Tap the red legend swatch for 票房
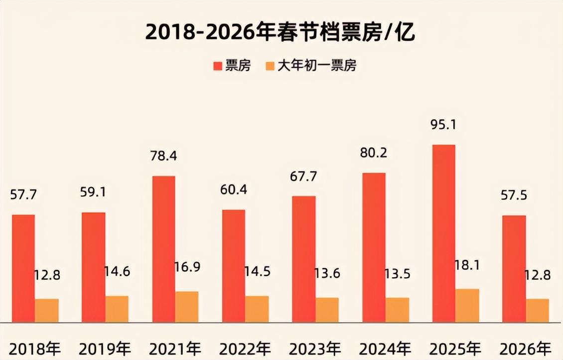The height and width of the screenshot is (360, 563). [217, 66]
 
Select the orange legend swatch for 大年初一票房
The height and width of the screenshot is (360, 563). [270, 66]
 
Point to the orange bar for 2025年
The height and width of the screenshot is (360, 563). [467, 305]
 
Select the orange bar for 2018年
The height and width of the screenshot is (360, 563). [47, 310]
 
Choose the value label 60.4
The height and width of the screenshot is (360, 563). [233, 190]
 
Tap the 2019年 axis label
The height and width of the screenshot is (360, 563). [105, 348]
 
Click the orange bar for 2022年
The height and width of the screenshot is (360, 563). [257, 309]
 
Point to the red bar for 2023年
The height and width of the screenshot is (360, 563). [304, 259]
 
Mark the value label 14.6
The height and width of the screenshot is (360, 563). [117, 272]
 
